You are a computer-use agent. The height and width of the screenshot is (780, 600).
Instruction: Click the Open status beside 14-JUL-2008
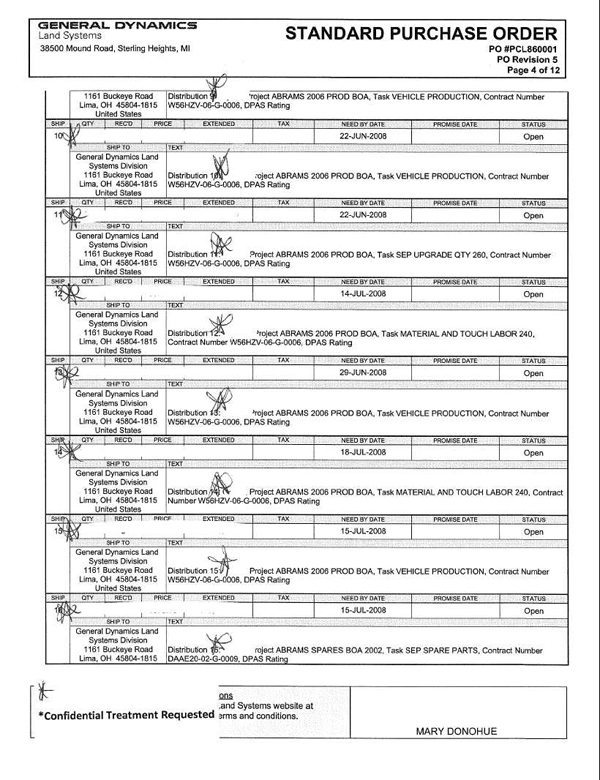(x=533, y=294)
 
